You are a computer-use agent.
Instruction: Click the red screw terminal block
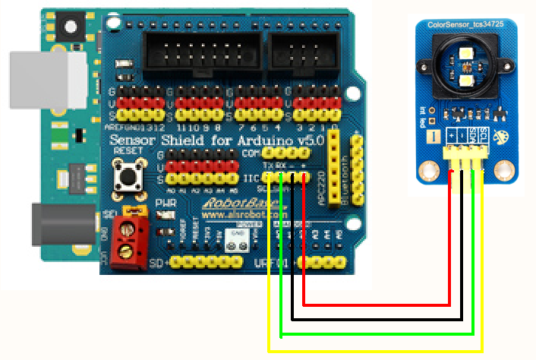point(130,240)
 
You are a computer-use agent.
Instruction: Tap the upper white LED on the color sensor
point(466,51)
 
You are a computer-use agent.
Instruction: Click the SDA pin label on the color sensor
point(471,135)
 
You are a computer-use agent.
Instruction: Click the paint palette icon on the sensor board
point(500,138)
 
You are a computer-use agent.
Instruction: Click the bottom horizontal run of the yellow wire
point(376,351)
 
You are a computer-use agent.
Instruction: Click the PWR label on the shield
point(165,204)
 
